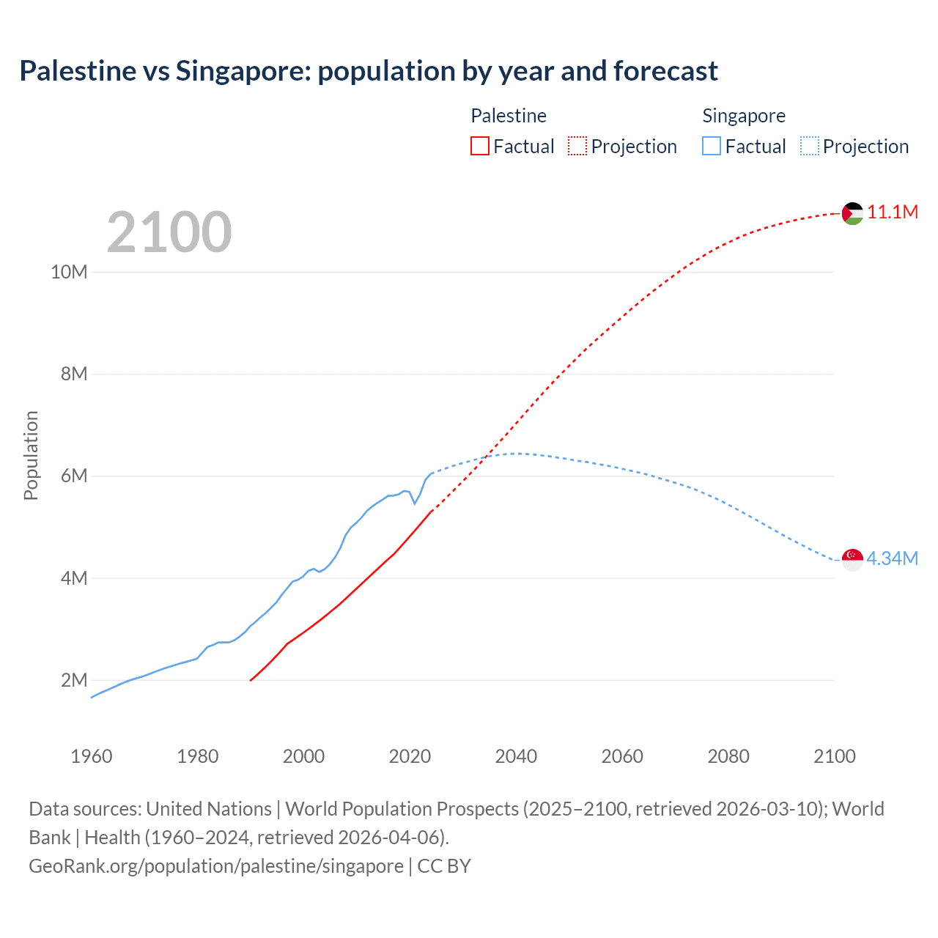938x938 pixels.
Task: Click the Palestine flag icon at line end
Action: click(852, 213)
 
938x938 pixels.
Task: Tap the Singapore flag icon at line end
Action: click(852, 559)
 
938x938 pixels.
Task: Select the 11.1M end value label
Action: click(893, 213)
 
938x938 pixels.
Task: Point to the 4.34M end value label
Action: click(892, 558)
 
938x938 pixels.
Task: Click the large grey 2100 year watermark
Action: click(169, 232)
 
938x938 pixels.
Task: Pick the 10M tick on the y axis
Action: click(69, 272)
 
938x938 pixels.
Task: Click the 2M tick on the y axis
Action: click(74, 680)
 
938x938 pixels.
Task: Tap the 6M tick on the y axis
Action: click(74, 476)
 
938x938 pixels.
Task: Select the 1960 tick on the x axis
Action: click(92, 756)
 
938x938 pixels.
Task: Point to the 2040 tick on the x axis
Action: click(516, 756)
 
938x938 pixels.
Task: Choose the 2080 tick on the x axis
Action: click(728, 756)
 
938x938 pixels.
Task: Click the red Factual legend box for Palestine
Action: click(479, 147)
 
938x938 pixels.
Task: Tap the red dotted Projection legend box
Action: click(577, 147)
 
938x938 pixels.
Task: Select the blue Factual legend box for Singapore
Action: click(712, 147)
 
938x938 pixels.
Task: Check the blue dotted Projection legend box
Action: click(810, 147)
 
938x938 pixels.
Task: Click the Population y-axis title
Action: click(31, 455)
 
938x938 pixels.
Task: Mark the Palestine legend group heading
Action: click(509, 116)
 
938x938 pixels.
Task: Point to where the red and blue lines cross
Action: click(486, 457)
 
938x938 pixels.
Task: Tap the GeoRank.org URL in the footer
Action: click(216, 865)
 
